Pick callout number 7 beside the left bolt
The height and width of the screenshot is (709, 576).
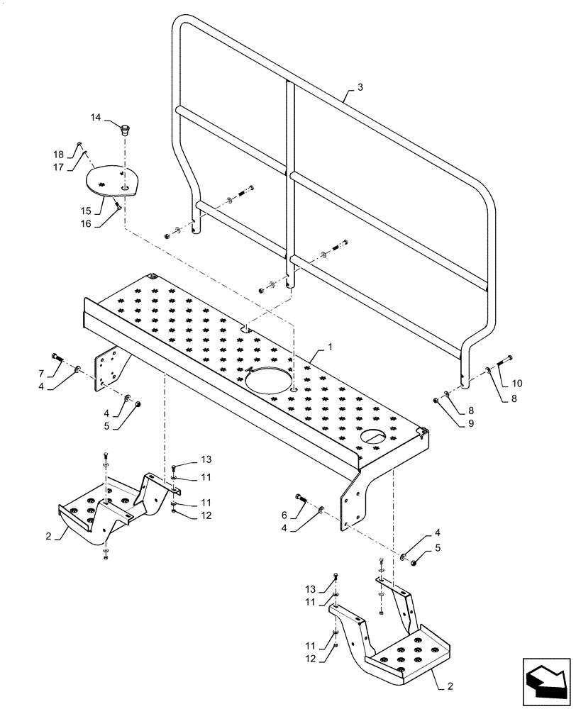[41, 373]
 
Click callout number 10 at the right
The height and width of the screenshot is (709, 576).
[517, 383]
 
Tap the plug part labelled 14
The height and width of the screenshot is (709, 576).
[126, 130]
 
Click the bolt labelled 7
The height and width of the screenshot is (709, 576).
[57, 356]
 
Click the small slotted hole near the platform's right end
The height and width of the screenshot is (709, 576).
[374, 437]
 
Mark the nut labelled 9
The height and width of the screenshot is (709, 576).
[436, 401]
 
